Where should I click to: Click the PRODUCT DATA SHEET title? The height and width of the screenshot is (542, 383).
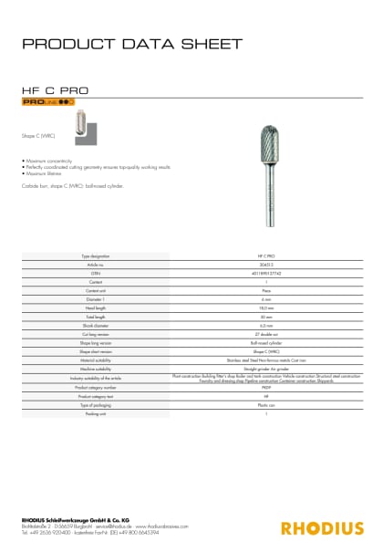132,44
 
